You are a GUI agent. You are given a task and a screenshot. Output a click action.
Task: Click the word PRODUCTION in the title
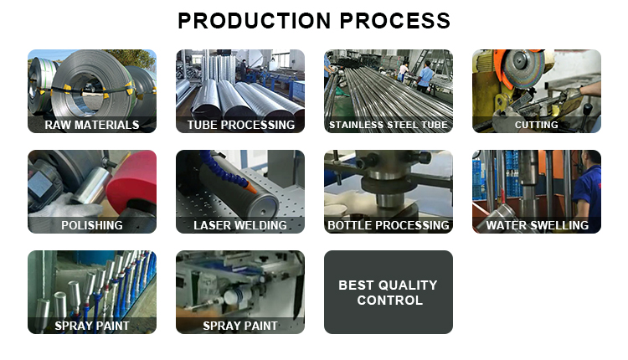click(255, 21)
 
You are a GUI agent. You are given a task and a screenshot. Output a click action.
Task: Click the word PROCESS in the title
click(395, 21)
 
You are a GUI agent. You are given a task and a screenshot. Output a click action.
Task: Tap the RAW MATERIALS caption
click(92, 125)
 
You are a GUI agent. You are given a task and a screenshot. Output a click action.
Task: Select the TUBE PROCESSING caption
click(240, 125)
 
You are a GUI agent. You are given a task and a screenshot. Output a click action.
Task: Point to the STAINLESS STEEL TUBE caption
click(389, 125)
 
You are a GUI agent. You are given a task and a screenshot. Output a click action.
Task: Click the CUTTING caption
click(536, 125)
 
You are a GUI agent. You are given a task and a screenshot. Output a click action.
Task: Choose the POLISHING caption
click(92, 225)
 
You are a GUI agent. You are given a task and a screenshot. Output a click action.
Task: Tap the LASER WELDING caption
click(240, 225)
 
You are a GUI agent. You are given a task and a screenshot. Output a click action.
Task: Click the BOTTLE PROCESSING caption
click(389, 225)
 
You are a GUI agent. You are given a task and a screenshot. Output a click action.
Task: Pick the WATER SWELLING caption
click(537, 225)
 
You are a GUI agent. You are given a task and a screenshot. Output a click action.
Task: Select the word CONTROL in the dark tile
click(389, 301)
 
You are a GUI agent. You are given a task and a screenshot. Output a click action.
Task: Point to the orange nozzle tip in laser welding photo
click(251, 186)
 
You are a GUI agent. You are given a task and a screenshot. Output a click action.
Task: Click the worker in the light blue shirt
click(425, 76)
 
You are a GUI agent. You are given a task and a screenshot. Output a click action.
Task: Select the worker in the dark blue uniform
click(587, 186)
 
